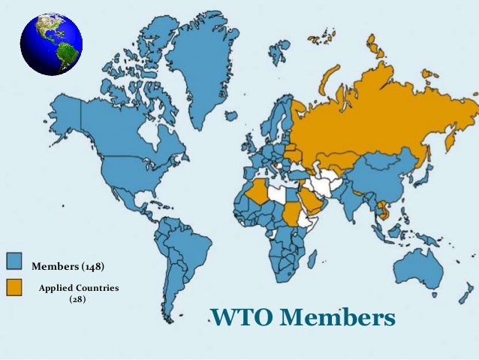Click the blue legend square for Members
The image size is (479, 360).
click(16, 261)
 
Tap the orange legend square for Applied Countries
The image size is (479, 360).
click(16, 286)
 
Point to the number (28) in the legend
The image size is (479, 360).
click(77, 299)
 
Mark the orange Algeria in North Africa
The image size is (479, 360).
click(256, 191)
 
